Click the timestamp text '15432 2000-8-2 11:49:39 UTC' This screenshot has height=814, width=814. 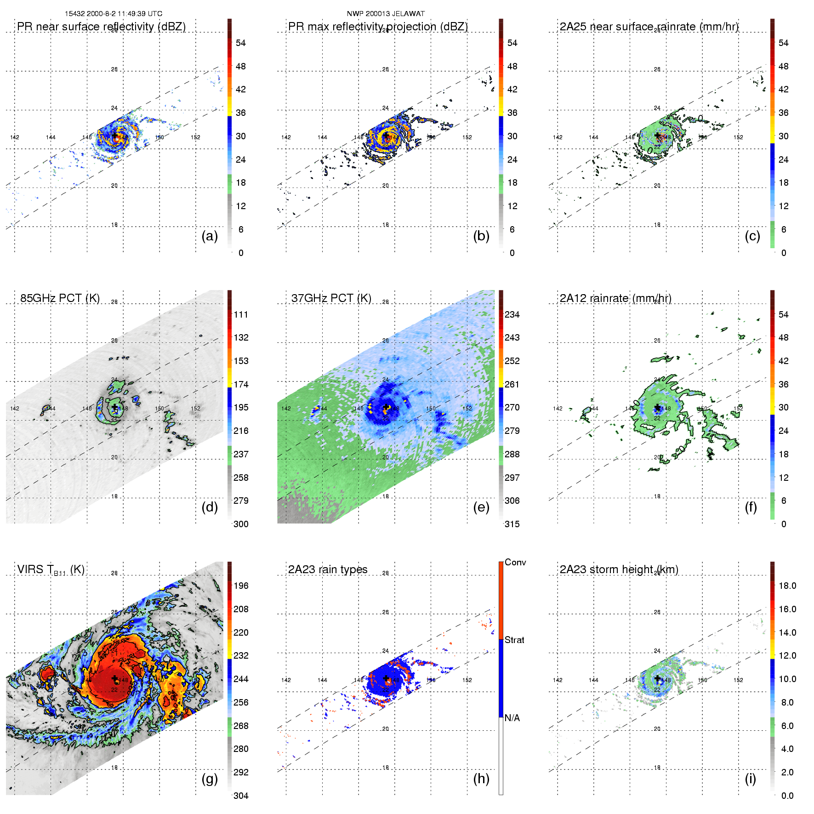click(x=114, y=14)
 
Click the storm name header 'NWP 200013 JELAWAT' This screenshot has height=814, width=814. click(x=386, y=14)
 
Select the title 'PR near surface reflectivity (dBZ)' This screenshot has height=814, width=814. click(x=101, y=27)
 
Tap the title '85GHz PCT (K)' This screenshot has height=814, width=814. click(x=60, y=298)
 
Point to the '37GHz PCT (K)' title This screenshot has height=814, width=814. click(x=331, y=298)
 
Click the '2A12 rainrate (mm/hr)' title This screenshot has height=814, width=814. click(x=615, y=298)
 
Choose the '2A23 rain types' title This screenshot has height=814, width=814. click(x=328, y=569)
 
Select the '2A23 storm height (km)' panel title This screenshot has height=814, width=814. click(x=619, y=569)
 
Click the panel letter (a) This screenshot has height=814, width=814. click(x=210, y=236)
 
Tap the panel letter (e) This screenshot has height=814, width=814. click(x=481, y=507)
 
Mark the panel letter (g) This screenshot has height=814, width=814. click(x=210, y=779)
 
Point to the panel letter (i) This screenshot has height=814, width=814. click(x=751, y=779)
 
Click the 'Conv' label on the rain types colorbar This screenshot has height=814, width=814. click(x=515, y=562)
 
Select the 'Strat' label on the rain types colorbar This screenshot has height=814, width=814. click(x=514, y=640)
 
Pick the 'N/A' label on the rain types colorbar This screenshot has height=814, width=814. click(x=512, y=718)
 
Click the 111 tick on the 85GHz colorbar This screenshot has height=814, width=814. click(x=241, y=314)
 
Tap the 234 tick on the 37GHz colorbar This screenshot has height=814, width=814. click(x=512, y=314)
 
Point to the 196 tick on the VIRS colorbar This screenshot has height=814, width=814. click(x=241, y=586)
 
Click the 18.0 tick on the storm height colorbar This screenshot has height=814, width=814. click(x=787, y=586)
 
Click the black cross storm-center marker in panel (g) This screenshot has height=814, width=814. click(x=114, y=678)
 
